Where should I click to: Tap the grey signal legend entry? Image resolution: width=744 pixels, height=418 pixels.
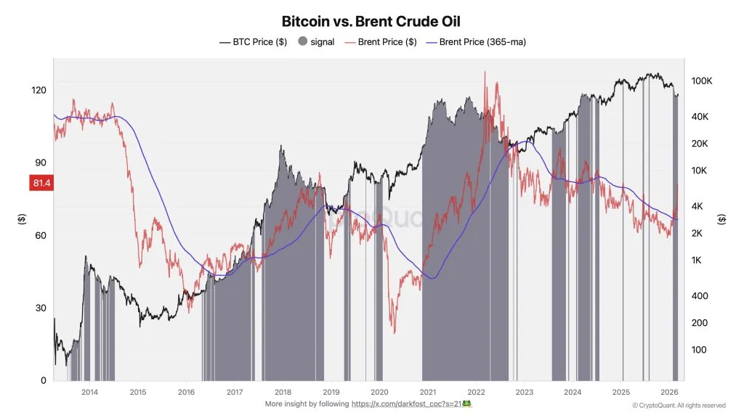click(316, 42)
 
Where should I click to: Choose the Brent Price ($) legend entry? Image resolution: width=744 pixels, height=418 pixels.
click(380, 42)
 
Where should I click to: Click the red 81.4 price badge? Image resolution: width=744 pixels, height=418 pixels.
click(41, 184)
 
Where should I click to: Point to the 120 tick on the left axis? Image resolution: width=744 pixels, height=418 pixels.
click(39, 91)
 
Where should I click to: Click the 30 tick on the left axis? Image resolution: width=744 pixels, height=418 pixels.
click(41, 308)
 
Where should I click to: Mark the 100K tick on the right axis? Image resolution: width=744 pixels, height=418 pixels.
click(701, 81)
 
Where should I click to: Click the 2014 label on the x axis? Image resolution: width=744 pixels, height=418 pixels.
click(89, 393)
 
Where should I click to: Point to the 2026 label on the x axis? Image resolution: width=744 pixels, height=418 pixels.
click(668, 393)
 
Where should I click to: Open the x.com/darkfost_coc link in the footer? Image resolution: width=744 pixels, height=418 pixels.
click(412, 403)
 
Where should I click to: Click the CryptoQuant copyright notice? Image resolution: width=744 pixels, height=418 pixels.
click(679, 405)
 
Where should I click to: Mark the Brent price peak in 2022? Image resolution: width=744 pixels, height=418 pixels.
click(484, 72)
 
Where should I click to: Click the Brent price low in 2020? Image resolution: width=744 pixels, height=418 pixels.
click(395, 333)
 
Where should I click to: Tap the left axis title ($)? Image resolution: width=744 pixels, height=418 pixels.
click(22, 218)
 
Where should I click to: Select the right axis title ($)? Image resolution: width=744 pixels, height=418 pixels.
click(721, 218)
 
